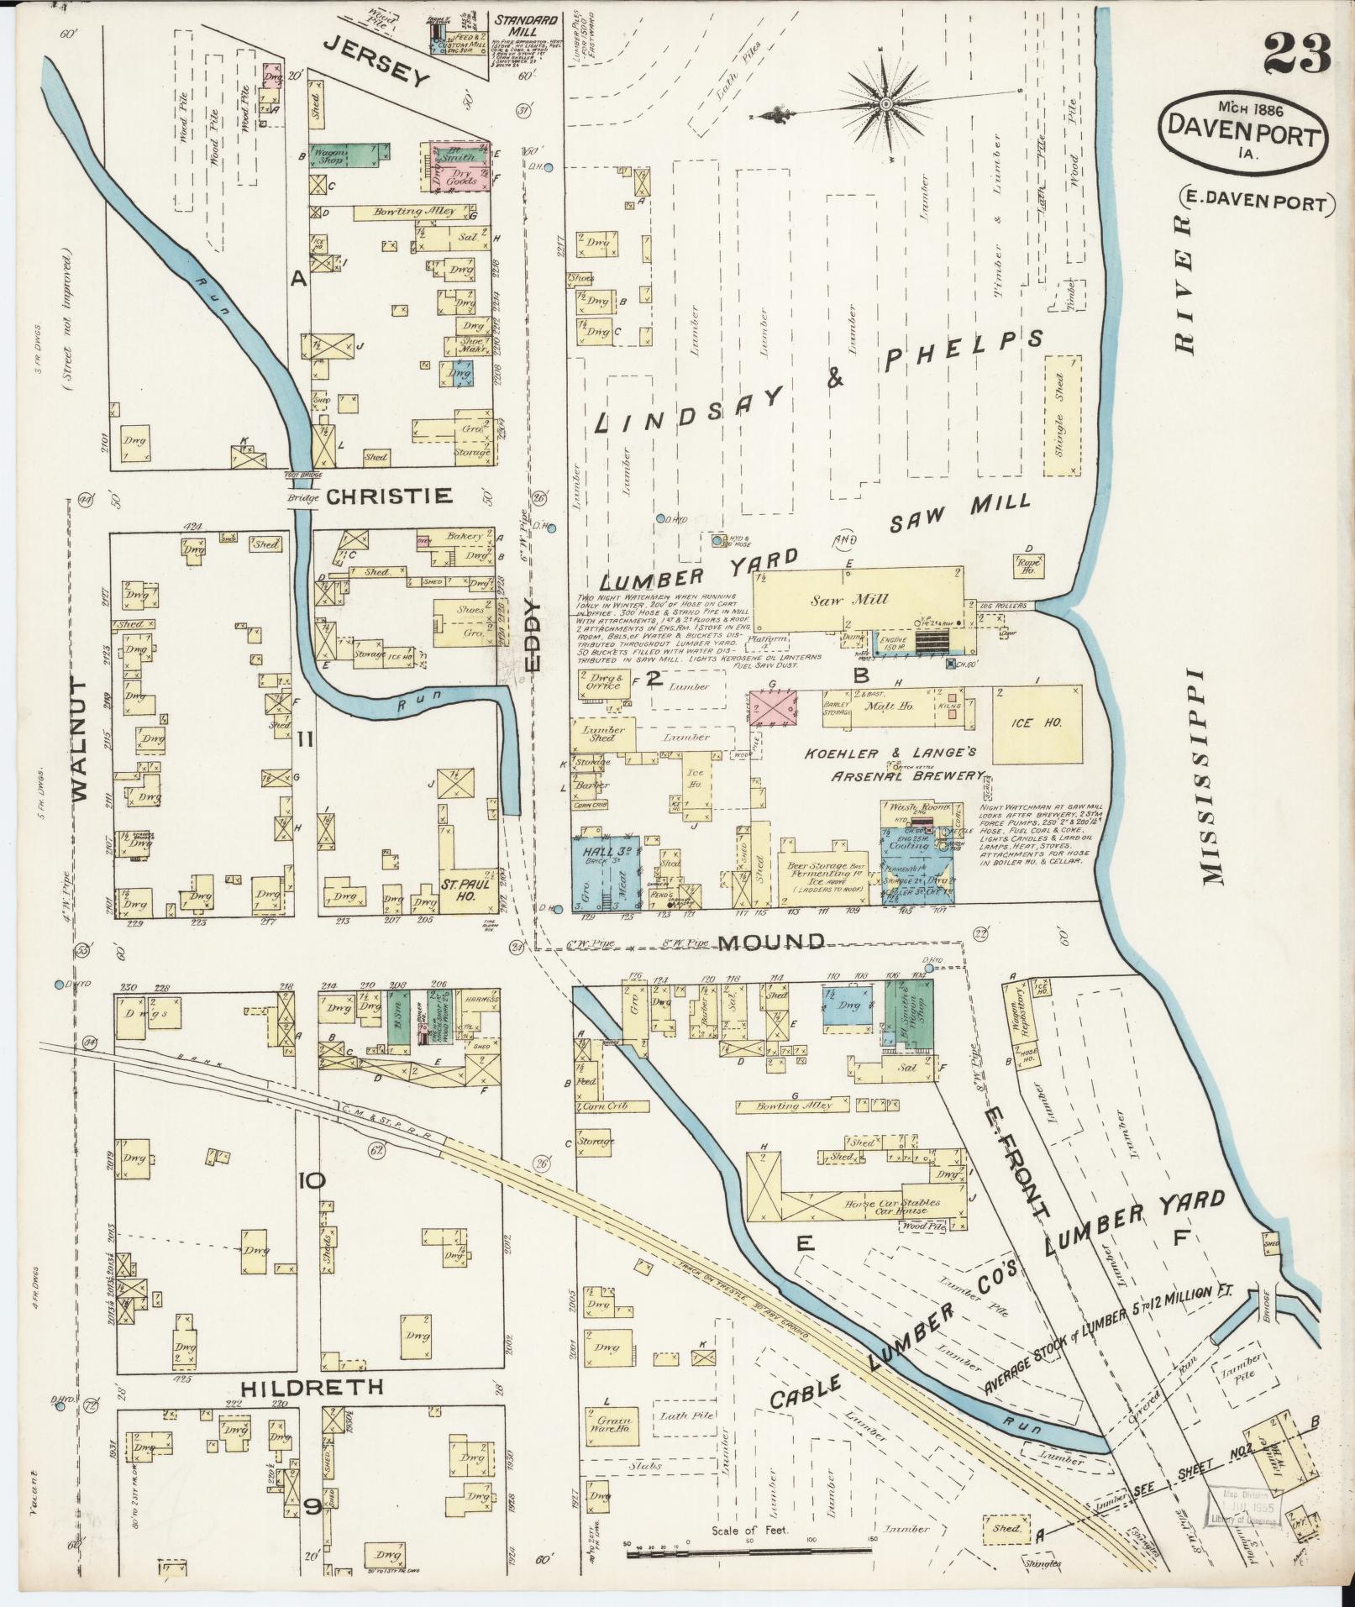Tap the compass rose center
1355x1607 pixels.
887,104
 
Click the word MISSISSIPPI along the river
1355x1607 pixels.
1214,777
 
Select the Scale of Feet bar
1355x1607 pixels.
749,1546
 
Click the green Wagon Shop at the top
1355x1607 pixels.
351,154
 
